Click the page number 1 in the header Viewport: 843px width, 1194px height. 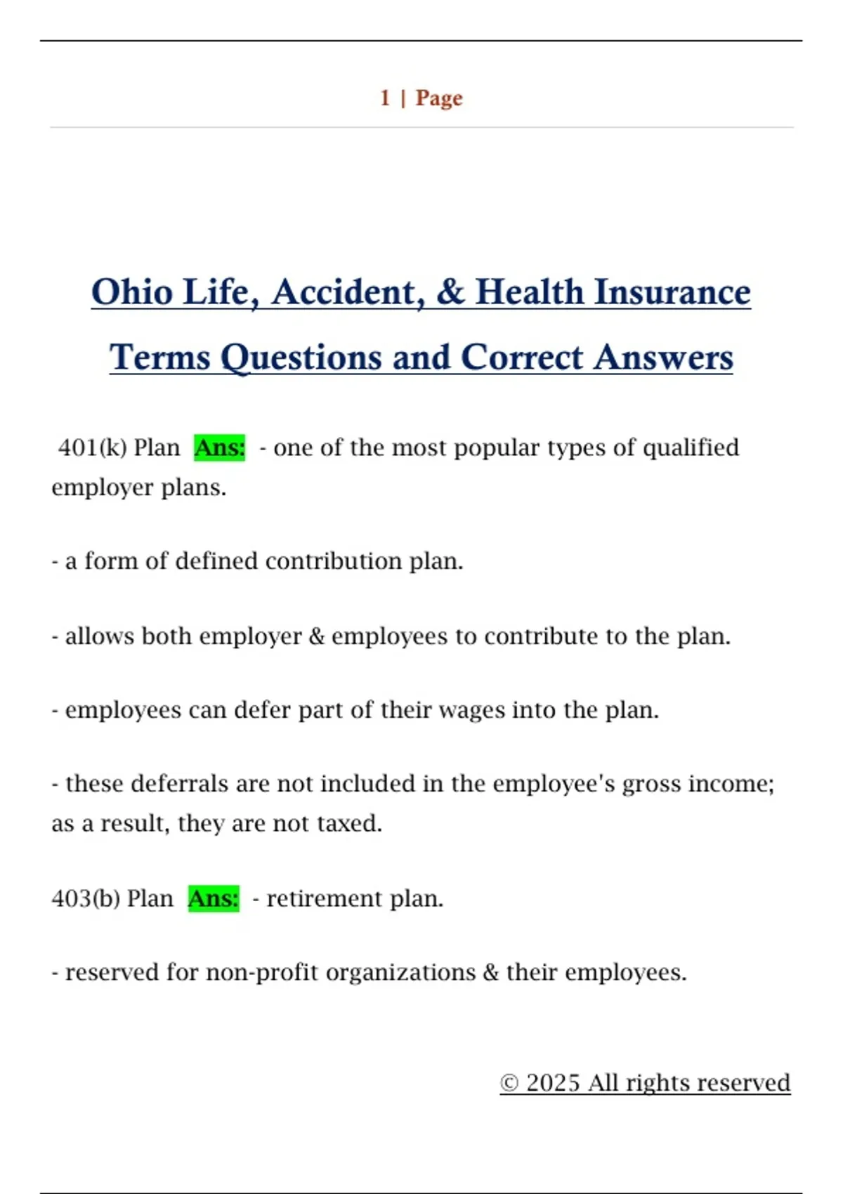(x=385, y=98)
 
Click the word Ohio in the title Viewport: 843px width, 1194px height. (x=132, y=292)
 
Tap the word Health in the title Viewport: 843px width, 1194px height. (x=530, y=292)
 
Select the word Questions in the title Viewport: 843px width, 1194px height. (x=301, y=358)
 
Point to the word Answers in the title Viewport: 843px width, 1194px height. (x=664, y=357)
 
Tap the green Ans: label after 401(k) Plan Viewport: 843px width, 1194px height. (x=220, y=447)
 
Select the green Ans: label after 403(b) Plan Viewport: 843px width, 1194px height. (x=214, y=898)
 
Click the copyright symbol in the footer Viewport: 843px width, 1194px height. (x=509, y=1083)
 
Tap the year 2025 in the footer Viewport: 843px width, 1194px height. (x=553, y=1083)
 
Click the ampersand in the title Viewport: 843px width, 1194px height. (x=450, y=292)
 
